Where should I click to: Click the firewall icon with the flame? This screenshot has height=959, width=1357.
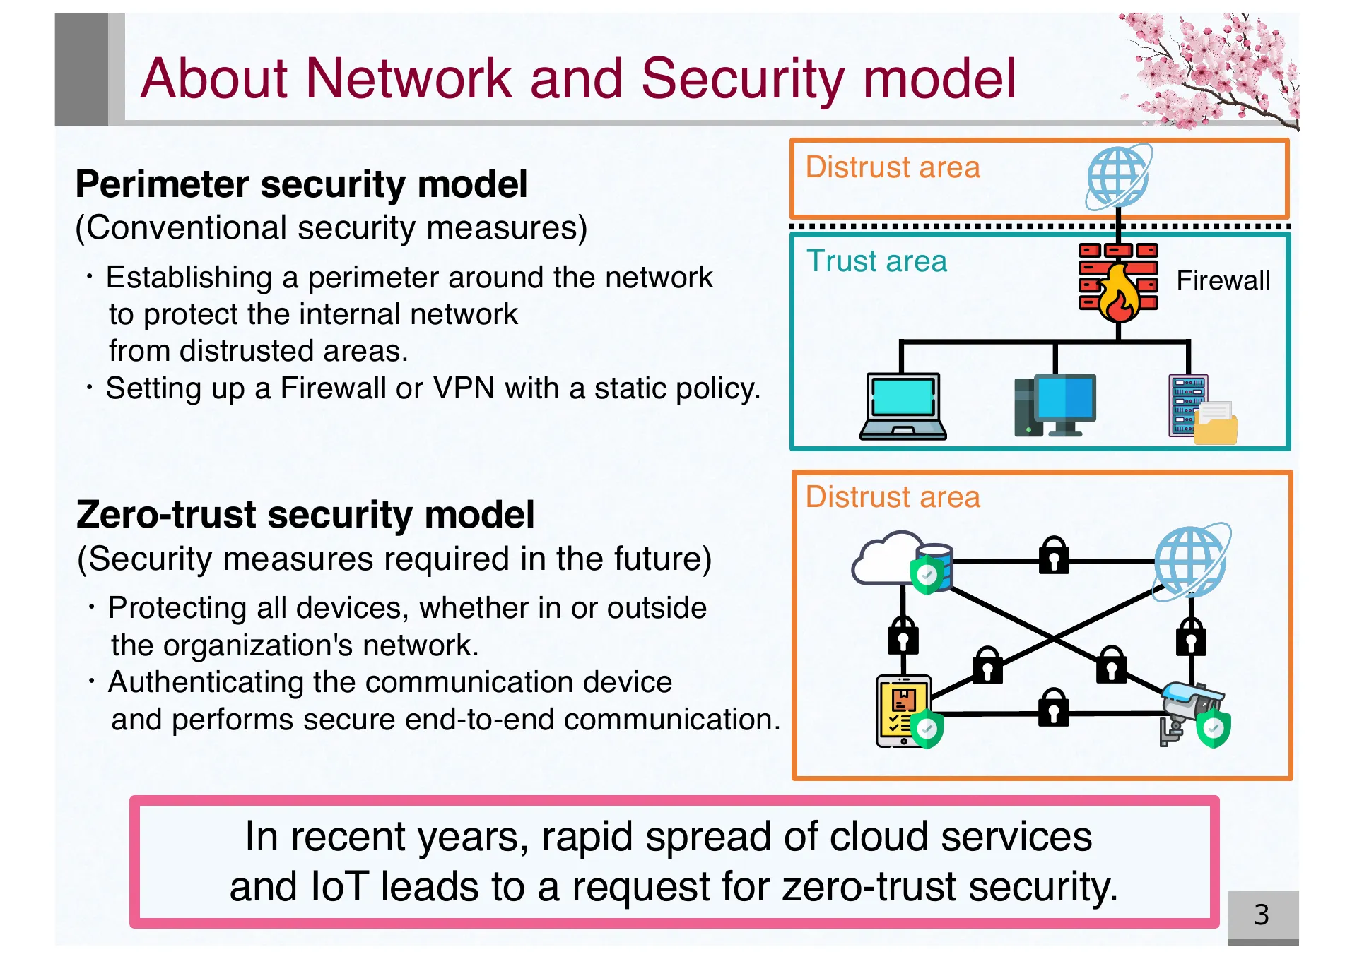coord(1117,281)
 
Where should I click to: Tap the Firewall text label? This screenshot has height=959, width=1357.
coord(1222,280)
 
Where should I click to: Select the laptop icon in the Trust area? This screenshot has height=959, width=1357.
coord(903,407)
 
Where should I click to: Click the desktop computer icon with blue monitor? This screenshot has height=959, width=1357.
coord(1055,405)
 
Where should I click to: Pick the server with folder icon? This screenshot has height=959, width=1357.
coord(1202,410)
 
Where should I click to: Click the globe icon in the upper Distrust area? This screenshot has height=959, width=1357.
coord(1118,177)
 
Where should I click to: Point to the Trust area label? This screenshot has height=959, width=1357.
coord(876,261)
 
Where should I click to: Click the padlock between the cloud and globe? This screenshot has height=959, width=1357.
coord(1053,556)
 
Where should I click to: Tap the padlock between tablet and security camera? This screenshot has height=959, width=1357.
coord(1053,708)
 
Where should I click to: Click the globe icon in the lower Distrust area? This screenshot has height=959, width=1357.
coord(1191,561)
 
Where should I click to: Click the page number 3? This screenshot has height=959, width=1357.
coord(1261,915)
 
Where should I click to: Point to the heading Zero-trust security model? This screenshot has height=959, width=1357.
coord(305,514)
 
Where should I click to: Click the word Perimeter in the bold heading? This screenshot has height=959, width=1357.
coord(162,185)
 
